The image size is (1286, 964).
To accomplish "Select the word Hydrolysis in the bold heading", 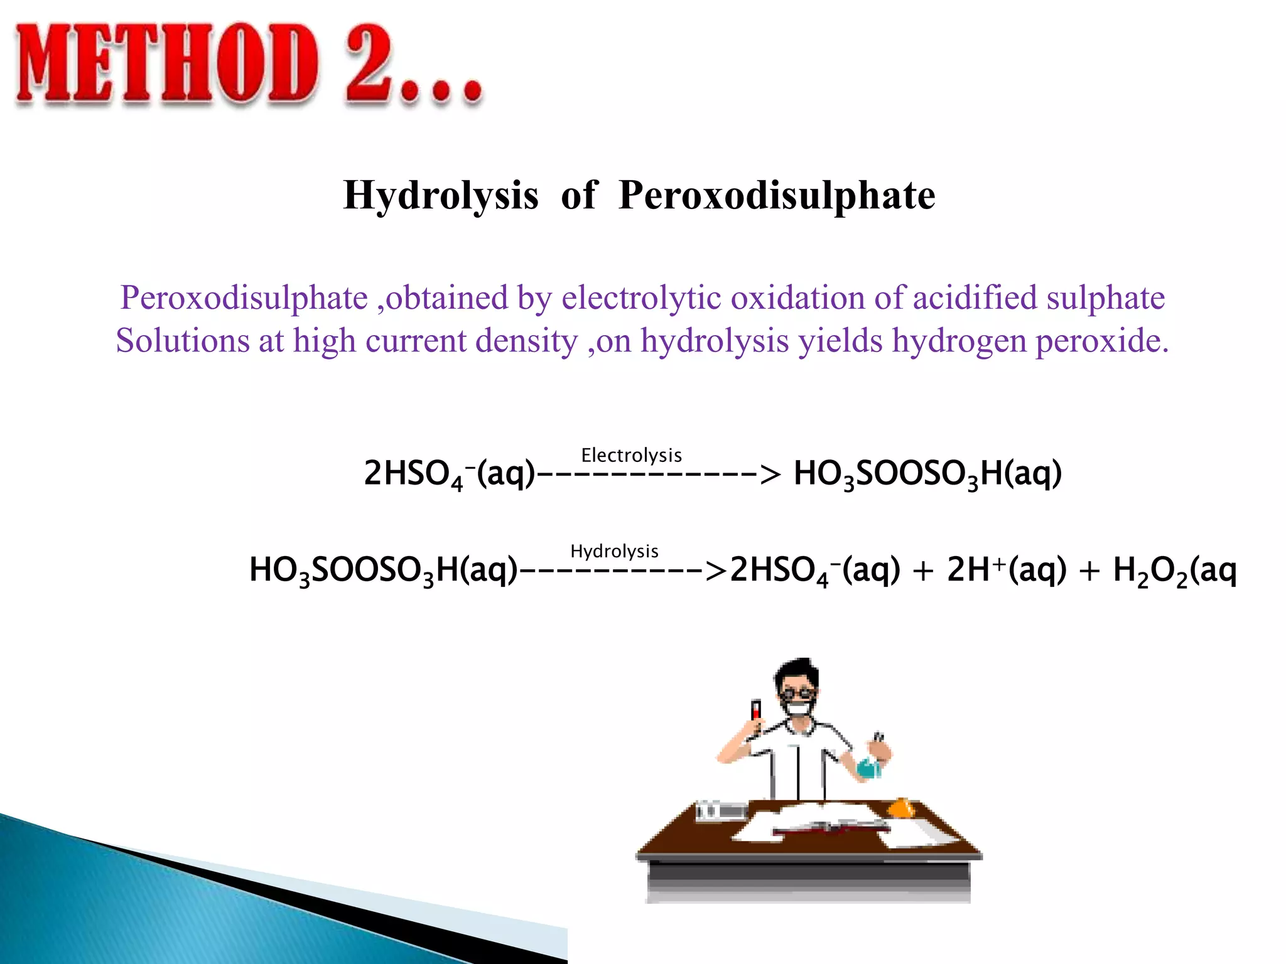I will pyautogui.click(x=441, y=195).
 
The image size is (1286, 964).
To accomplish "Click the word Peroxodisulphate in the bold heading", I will pyautogui.click(x=777, y=195).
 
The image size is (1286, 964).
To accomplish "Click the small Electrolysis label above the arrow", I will pyautogui.click(x=631, y=455).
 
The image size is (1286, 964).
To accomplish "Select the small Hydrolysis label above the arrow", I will pyautogui.click(x=614, y=551).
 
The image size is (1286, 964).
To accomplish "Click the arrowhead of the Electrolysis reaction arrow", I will pyautogui.click(x=770, y=474).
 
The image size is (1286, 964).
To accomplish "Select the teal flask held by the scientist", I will pyautogui.click(x=869, y=768).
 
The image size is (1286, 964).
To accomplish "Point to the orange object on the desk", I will pyautogui.click(x=902, y=807).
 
